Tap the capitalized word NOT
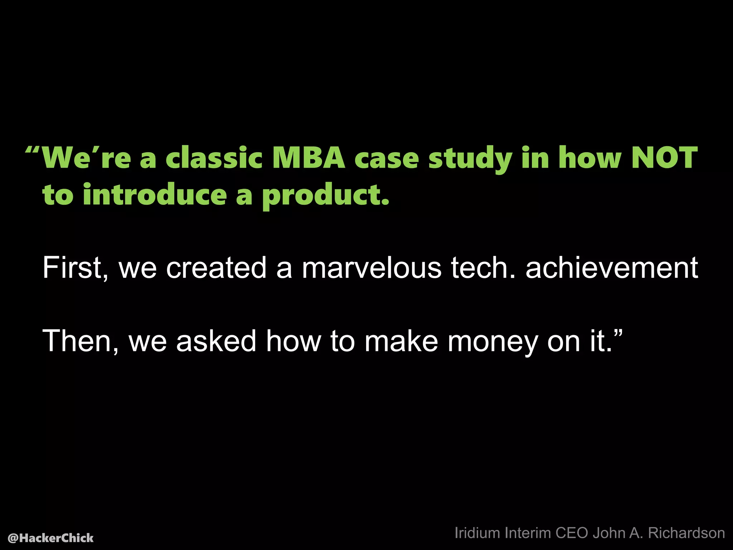click(664, 158)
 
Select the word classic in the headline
click(214, 158)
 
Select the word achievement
click(612, 267)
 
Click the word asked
click(216, 341)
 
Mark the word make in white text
click(401, 341)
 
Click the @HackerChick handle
click(50, 538)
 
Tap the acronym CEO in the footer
click(572, 533)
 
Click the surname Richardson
click(686, 533)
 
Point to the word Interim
click(528, 533)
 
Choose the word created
click(216, 267)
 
